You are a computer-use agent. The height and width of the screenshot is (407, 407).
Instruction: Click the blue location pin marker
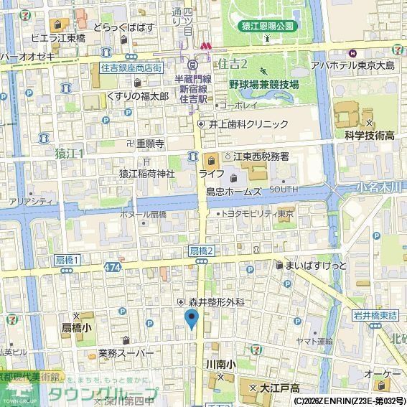point(192,319)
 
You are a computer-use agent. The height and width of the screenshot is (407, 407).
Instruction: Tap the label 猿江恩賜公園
point(267,26)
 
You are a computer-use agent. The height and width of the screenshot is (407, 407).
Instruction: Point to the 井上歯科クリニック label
point(248,123)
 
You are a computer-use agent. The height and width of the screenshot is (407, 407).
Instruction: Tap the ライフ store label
point(211,174)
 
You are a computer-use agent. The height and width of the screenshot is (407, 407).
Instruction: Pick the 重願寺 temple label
point(150,143)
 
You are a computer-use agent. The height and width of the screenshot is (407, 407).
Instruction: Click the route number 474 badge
point(111,266)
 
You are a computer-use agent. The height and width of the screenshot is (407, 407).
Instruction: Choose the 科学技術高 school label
point(370,135)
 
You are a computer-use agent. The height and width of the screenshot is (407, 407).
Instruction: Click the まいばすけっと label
point(315,265)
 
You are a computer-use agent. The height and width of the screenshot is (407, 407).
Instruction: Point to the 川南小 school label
point(219,365)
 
